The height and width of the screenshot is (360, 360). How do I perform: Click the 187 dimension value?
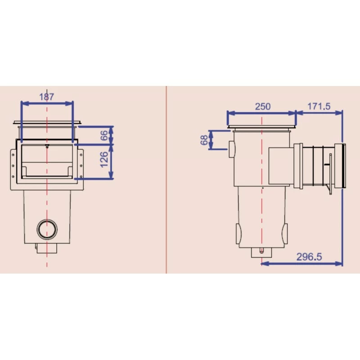(x=47, y=96)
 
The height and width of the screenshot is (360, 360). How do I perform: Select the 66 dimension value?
(x=104, y=135)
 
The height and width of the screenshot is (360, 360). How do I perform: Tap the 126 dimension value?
(x=104, y=160)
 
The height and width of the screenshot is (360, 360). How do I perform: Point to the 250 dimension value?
(x=263, y=107)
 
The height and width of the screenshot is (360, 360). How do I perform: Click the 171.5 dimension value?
(x=319, y=107)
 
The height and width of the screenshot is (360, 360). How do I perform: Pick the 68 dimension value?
(x=204, y=140)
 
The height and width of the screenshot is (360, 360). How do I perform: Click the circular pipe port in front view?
(x=47, y=229)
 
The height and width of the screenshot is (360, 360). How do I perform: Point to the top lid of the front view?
(x=47, y=122)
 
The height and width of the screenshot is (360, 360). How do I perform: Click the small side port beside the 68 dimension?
(x=231, y=149)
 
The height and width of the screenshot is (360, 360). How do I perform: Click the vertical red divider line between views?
(x=166, y=180)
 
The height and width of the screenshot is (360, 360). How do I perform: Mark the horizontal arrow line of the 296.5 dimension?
(x=301, y=264)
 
